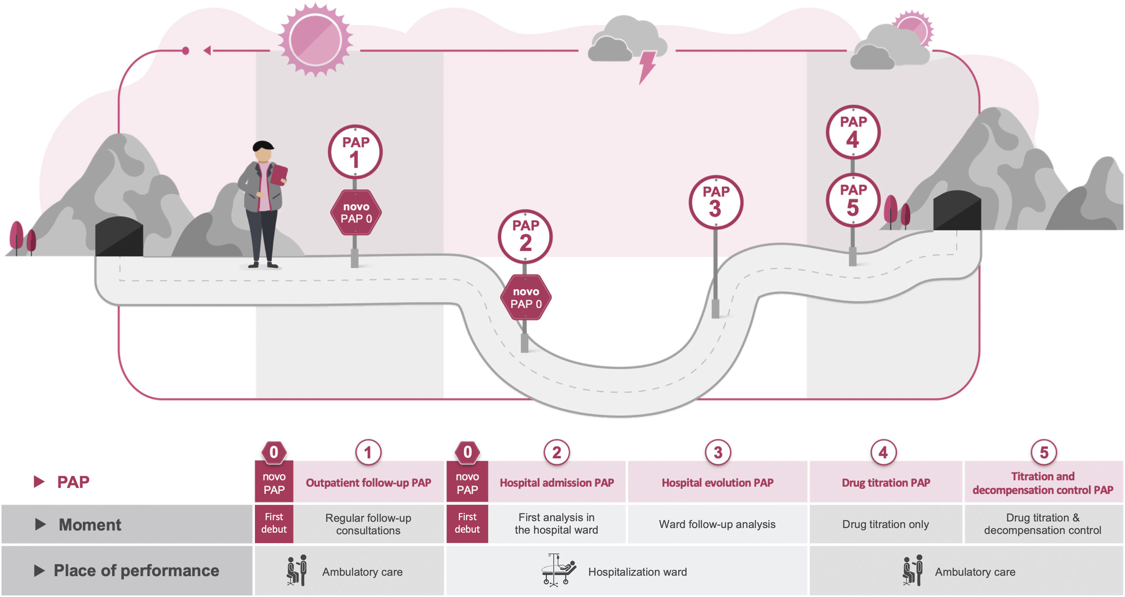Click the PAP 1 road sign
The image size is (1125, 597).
click(x=355, y=151)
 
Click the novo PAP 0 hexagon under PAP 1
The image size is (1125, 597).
click(x=355, y=213)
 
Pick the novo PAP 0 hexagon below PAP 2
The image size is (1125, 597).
click(x=525, y=297)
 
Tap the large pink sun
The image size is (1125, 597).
click(x=315, y=40)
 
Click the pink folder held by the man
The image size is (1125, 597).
click(x=278, y=175)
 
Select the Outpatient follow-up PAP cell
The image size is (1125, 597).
click(x=368, y=482)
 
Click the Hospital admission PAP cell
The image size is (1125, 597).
click(x=557, y=482)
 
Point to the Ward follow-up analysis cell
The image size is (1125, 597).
click(x=717, y=524)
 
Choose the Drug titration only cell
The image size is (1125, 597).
click(x=885, y=524)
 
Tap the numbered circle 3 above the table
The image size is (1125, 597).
click(x=718, y=452)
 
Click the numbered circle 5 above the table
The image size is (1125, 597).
click(x=1043, y=452)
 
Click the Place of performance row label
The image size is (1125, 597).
click(x=136, y=570)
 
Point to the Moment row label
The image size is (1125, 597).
click(x=90, y=524)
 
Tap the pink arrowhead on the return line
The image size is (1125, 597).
click(x=207, y=51)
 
